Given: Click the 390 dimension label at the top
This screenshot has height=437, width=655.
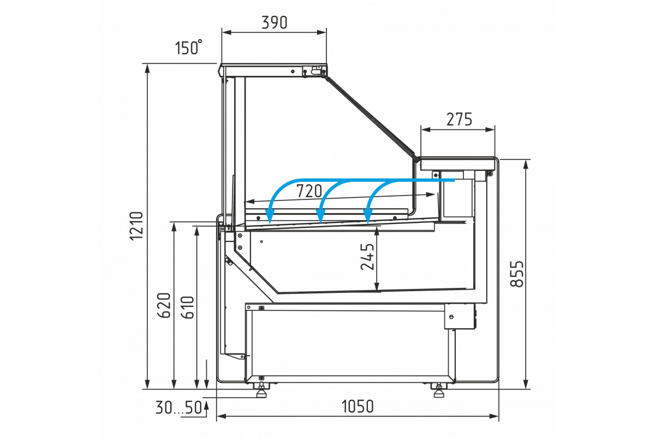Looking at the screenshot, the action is point(274,22).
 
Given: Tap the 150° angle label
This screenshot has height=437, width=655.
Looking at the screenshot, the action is point(189,48).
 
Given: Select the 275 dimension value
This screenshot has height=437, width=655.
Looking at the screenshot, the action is point(459,120).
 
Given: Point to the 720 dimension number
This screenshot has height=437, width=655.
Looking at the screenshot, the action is point(309,191).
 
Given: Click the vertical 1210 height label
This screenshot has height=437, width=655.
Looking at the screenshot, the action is point(136,226).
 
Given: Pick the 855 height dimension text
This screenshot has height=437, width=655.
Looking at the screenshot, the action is point(517,273).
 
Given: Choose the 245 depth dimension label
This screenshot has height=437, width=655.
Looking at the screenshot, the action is point(367,256).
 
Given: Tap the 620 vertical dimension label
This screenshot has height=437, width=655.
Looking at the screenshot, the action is point(164,305).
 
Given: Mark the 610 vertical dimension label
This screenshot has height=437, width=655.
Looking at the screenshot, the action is point(188,308).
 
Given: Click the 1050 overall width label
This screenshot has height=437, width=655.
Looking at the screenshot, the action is point(358,406).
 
